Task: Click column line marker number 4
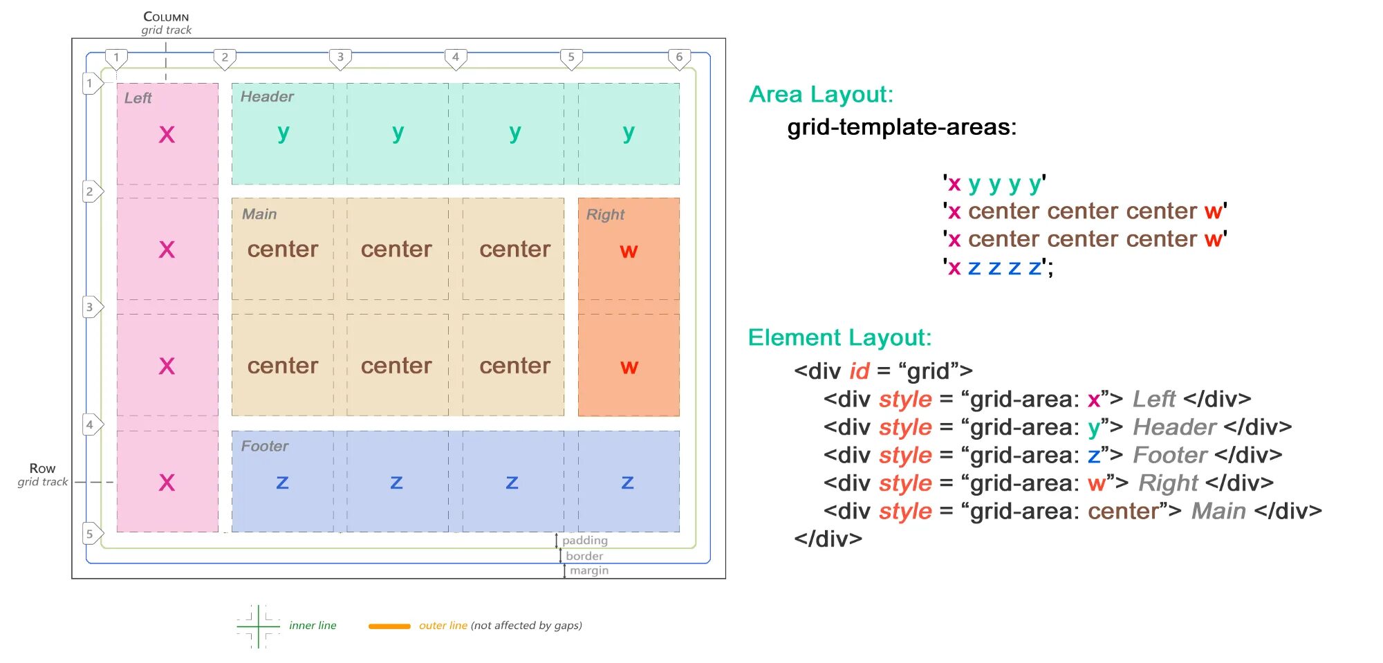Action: pos(455,58)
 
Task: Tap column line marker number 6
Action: pos(679,58)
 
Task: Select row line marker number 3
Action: pos(91,307)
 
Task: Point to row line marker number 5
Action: pos(91,534)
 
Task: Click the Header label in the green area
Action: pos(267,97)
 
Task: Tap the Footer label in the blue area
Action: pos(264,447)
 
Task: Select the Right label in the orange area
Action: pos(605,215)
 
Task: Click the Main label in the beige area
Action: pos(259,214)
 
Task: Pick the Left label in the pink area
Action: pos(138,98)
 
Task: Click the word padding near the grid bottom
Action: pos(584,541)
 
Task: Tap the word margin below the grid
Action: pos(588,571)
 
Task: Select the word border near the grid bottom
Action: pos(584,556)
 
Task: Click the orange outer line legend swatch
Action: pos(389,626)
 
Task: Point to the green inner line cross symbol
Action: pos(258,626)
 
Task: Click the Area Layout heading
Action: pos(821,95)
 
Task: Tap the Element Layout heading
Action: pos(839,338)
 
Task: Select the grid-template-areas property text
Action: pos(902,127)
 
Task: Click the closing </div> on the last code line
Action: pos(828,539)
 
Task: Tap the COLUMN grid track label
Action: pos(166,23)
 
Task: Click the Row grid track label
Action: pos(42,474)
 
